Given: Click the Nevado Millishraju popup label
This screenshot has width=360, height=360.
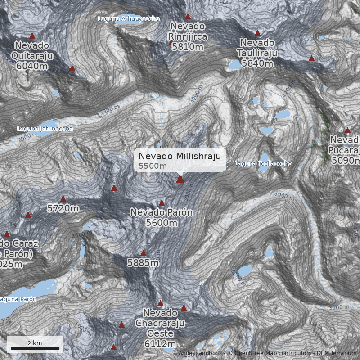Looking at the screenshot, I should (180, 160).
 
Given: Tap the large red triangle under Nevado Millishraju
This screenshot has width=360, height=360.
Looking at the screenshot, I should (180, 180).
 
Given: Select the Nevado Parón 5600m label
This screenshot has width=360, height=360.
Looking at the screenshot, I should (162, 217).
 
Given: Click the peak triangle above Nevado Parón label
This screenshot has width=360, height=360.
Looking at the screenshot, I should (162, 203).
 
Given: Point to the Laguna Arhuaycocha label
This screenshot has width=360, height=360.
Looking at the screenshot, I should (129, 18).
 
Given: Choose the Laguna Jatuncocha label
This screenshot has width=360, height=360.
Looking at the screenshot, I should (45, 128).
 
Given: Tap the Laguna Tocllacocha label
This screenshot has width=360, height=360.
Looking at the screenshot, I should (263, 164).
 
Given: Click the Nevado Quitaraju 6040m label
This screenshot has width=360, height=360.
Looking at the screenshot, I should (32, 56).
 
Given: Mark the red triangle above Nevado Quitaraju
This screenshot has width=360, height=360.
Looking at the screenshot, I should (32, 36).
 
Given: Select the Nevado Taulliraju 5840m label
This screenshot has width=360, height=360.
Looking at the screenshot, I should (257, 53).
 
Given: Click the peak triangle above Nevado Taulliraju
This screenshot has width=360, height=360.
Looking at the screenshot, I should (257, 33).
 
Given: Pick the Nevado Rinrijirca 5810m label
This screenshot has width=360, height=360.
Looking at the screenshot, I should (187, 36).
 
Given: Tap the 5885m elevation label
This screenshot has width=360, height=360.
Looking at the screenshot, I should (143, 263).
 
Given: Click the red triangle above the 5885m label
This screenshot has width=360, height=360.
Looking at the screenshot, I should (143, 253).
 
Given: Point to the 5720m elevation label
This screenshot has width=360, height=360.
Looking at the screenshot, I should (63, 208).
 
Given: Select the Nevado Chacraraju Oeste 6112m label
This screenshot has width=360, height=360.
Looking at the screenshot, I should (161, 328).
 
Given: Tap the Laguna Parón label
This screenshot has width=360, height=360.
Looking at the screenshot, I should (18, 299).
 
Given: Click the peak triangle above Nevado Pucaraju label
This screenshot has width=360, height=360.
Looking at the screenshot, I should (347, 130).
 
